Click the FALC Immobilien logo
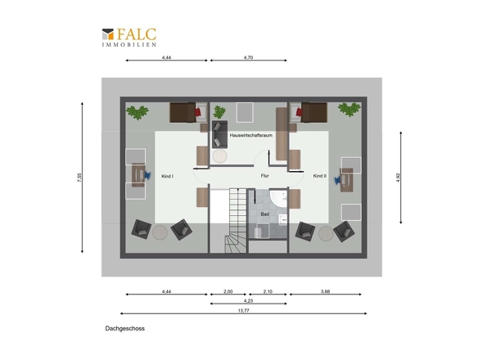[x=129, y=38]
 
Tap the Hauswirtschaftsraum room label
[x=251, y=135]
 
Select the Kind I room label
[x=167, y=177]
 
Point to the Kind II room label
[x=320, y=176]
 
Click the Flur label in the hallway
[x=265, y=176]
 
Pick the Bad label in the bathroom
[x=265, y=214]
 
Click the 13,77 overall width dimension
[x=243, y=310]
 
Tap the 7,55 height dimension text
[x=79, y=178]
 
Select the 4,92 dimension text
[x=398, y=178]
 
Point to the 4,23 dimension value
[x=248, y=300]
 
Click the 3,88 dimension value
[x=325, y=291]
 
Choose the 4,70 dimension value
[x=248, y=57]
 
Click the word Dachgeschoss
[x=124, y=328]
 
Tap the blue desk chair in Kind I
[x=147, y=176]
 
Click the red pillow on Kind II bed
[x=299, y=112]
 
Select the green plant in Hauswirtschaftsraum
[x=219, y=112]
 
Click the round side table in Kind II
[x=326, y=234]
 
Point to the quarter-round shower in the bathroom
[x=278, y=198]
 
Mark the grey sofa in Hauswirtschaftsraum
[x=219, y=134]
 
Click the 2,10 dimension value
[x=268, y=291]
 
